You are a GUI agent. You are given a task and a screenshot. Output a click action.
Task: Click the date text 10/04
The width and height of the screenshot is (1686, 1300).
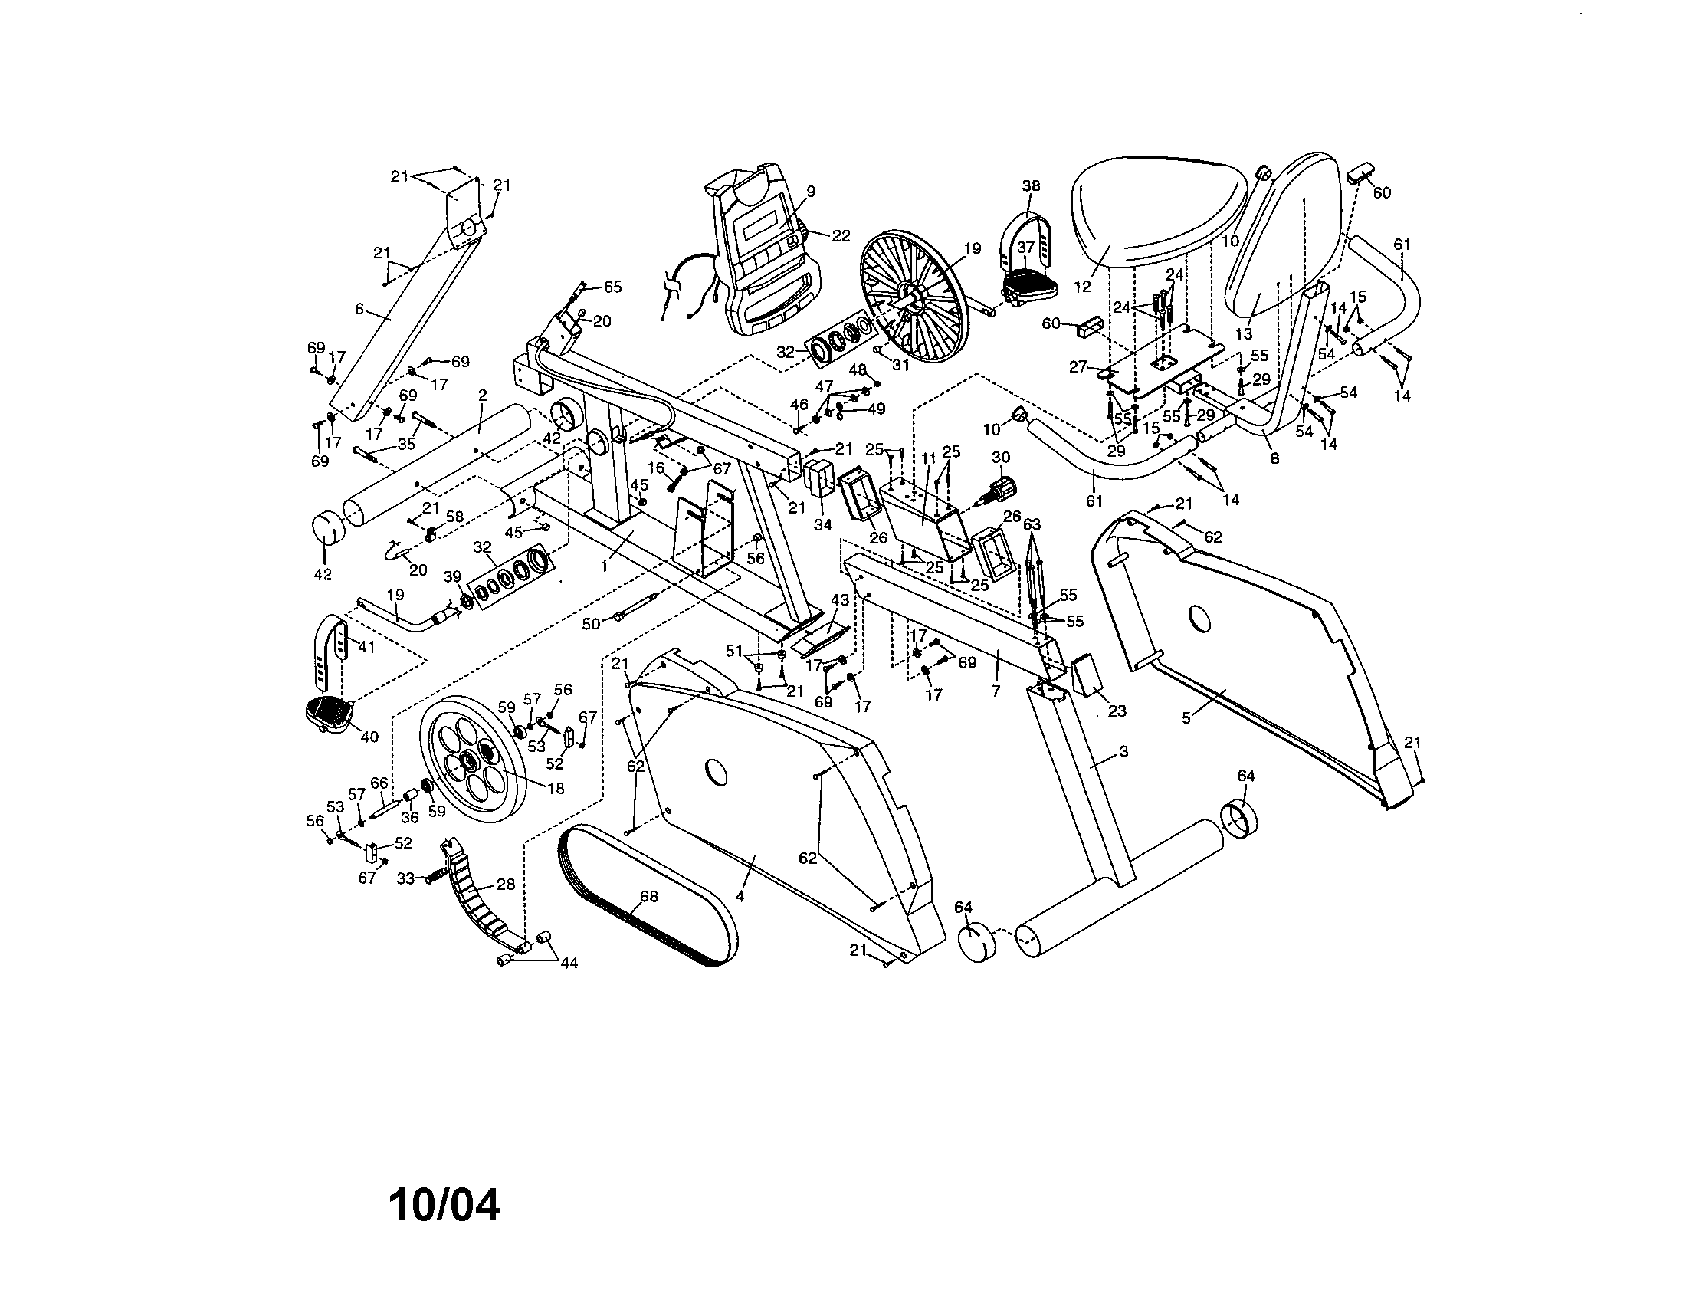click(x=444, y=1205)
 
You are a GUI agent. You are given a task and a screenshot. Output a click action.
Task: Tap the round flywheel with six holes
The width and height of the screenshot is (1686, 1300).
click(x=472, y=757)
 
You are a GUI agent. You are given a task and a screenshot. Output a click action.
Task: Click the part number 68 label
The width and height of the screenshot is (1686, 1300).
click(x=649, y=896)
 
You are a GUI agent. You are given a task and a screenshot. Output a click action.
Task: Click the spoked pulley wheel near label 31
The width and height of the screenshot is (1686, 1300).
click(x=914, y=299)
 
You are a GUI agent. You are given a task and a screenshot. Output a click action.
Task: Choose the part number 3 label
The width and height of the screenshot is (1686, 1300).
click(x=1123, y=750)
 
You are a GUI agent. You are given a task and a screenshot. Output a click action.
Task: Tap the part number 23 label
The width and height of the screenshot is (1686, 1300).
click(x=1117, y=711)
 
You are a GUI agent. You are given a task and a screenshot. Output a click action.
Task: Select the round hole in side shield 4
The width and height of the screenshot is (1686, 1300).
click(x=717, y=770)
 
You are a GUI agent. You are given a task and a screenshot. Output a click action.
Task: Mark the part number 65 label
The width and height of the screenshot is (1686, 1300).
click(x=612, y=287)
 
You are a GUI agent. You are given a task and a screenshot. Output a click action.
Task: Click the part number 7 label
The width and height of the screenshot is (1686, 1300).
click(x=996, y=691)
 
